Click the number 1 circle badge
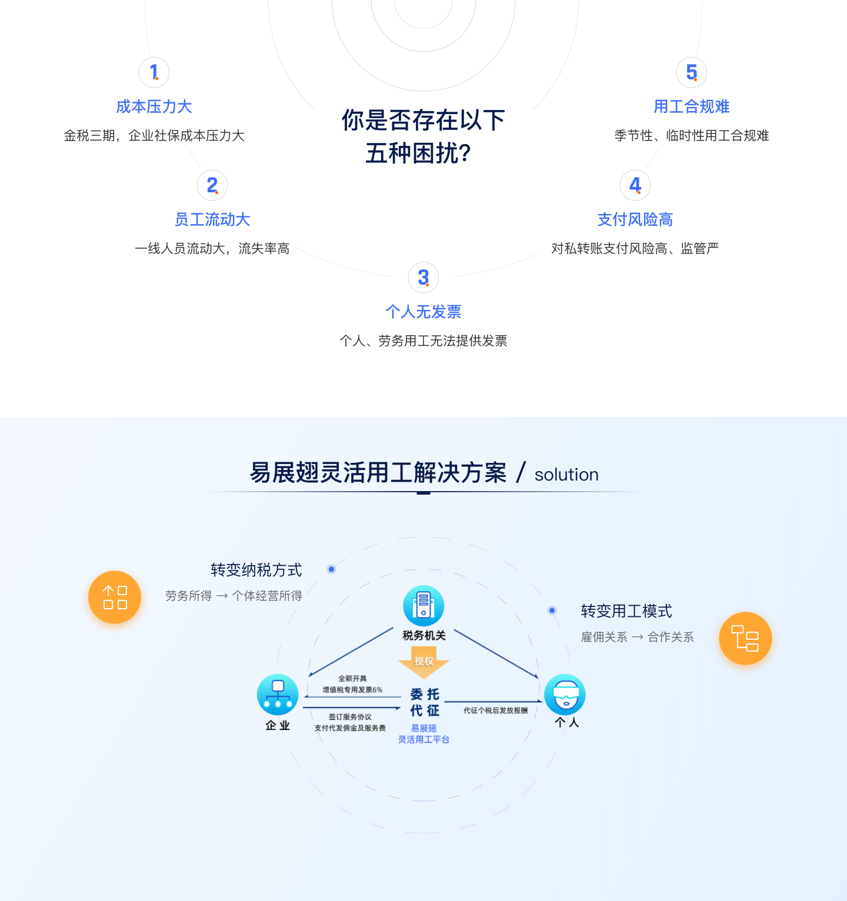(154, 72)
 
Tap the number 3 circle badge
(423, 278)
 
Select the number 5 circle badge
(692, 72)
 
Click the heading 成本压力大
(154, 106)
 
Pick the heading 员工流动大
(212, 219)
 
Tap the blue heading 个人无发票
(423, 312)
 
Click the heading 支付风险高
(635, 219)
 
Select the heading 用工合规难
(692, 106)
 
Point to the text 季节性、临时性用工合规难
(692, 136)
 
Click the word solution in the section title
(566, 475)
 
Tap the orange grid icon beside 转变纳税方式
(115, 597)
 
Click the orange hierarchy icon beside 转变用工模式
(745, 638)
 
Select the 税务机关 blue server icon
(423, 606)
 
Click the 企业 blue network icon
(278, 695)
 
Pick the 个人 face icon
(565, 695)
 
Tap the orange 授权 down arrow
(423, 662)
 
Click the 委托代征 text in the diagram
(425, 702)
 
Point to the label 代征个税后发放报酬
(495, 710)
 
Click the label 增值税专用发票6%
(352, 690)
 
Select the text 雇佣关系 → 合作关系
(638, 637)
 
